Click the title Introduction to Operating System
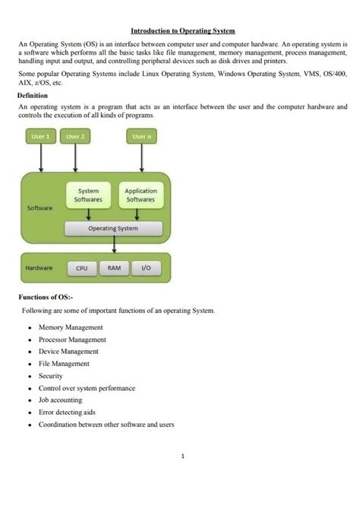pos(182,31)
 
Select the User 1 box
pos(39,137)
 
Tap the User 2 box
pos(75,137)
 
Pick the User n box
pos(141,137)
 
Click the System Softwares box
pos(88,195)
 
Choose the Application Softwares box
pos(141,195)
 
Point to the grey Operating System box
pos(113,228)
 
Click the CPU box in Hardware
pos(82,268)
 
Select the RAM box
pos(113,268)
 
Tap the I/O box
pos(146,268)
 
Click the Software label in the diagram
pos(39,207)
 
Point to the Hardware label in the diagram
pos(39,268)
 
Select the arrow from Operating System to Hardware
pos(114,244)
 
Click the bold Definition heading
pos(33,96)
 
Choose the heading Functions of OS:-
pos(45,296)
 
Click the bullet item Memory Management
pos(71,327)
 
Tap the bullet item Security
pos(51,376)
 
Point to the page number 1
pos(183,456)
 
